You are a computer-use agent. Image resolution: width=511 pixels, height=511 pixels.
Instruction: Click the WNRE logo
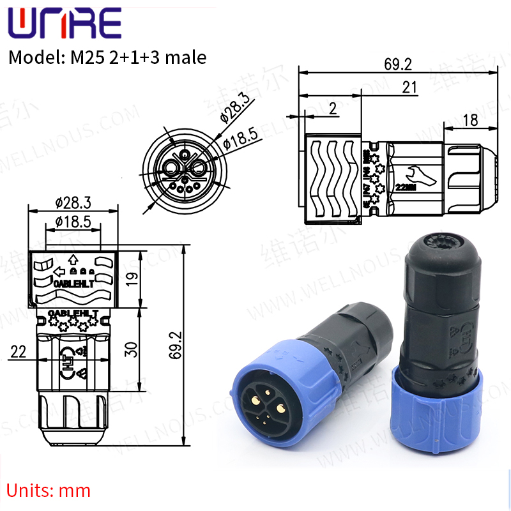64,24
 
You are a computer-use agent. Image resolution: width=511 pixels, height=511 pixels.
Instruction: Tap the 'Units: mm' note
49,491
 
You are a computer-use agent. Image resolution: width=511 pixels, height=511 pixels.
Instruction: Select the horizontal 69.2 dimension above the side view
398,64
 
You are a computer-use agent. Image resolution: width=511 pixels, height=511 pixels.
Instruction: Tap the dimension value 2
332,109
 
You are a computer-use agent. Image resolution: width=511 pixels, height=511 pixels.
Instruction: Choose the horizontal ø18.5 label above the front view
74,222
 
